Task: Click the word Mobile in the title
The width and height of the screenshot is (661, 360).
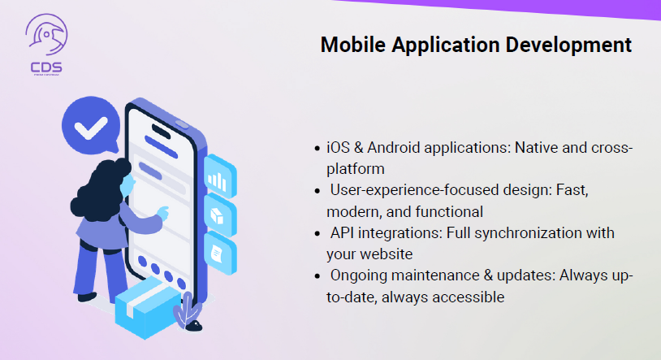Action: pyautogui.click(x=353, y=45)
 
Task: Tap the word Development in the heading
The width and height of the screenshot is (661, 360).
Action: pyautogui.click(x=568, y=46)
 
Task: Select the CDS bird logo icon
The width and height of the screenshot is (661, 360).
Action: pyautogui.click(x=46, y=35)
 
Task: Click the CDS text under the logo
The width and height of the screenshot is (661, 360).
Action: pyautogui.click(x=46, y=67)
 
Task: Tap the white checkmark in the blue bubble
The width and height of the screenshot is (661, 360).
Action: pyautogui.click(x=91, y=127)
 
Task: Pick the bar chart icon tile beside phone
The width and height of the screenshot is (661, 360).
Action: pyautogui.click(x=220, y=176)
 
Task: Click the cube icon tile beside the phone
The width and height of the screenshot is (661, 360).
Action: pyautogui.click(x=220, y=215)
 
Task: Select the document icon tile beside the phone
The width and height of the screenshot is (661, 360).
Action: pyautogui.click(x=220, y=254)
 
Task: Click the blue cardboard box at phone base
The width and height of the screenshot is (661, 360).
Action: pyautogui.click(x=148, y=308)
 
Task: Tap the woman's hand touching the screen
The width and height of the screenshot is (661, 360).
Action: pyautogui.click(x=162, y=212)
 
